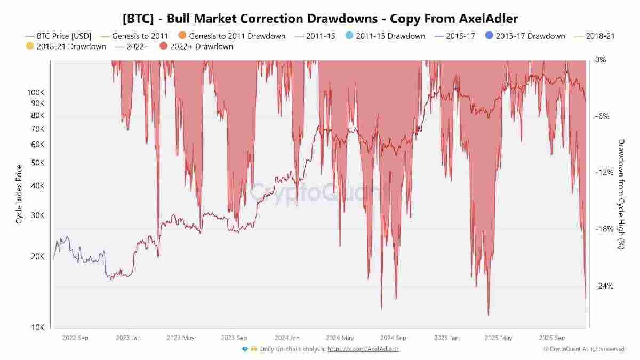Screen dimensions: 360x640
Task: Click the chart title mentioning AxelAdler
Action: [x=320, y=18]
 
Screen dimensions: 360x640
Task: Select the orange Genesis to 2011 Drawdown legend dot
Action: [x=182, y=36]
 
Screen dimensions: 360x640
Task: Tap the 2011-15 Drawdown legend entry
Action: [x=390, y=36]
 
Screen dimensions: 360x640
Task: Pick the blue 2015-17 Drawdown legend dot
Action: [x=490, y=36]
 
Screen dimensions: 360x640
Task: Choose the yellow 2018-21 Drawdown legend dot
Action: [x=30, y=46]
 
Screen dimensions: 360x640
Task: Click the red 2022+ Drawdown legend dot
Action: [x=164, y=46]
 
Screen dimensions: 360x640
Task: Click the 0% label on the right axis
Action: [x=601, y=60]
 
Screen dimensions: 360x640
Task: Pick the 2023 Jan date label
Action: [x=128, y=338]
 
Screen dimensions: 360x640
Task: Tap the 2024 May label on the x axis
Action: [x=340, y=338]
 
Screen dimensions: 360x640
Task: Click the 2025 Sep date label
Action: [x=551, y=338]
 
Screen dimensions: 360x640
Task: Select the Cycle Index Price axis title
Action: [x=19, y=194]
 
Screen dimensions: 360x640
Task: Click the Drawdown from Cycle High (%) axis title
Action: [x=621, y=194]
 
